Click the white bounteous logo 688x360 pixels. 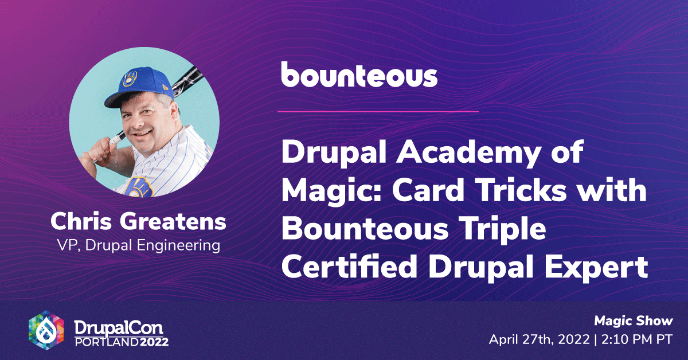[x=359, y=75]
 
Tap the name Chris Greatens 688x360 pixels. [x=138, y=221]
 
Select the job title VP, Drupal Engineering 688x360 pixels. [x=139, y=245]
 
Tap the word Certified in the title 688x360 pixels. [x=349, y=266]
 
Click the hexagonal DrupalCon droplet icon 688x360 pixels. [x=46, y=330]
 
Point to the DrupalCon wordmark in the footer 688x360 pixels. [x=119, y=328]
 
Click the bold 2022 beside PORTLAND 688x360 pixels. [x=154, y=342]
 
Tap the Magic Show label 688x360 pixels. [x=634, y=321]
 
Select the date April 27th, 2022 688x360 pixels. [x=540, y=340]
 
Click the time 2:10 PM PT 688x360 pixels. [x=637, y=340]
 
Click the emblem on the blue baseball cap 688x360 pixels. [x=130, y=79]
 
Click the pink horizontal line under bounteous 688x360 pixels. [x=378, y=112]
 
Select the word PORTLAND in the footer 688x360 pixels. [x=107, y=342]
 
